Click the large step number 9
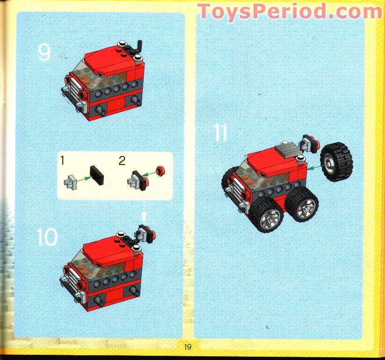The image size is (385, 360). [x=44, y=52]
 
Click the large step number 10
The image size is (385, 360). [x=47, y=238]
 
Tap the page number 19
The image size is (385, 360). [x=188, y=346]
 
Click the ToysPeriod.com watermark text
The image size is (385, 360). [x=289, y=11]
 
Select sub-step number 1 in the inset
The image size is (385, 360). [x=62, y=161]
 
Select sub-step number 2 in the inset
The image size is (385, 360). [x=122, y=161]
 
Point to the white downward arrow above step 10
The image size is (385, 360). [x=144, y=212]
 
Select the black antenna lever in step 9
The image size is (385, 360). [x=139, y=47]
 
